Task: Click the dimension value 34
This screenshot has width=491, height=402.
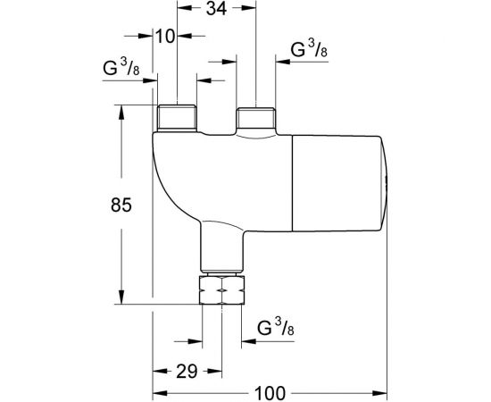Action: tap(216, 8)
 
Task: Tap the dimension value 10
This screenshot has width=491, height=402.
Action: tap(165, 37)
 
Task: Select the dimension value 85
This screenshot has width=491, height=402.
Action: tap(121, 205)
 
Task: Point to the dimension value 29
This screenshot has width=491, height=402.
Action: tap(187, 372)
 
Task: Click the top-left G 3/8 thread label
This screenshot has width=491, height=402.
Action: tap(121, 67)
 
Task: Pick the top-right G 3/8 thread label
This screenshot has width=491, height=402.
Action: tap(309, 49)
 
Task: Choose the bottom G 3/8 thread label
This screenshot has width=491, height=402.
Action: tap(276, 327)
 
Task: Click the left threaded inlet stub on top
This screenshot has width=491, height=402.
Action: tap(177, 117)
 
